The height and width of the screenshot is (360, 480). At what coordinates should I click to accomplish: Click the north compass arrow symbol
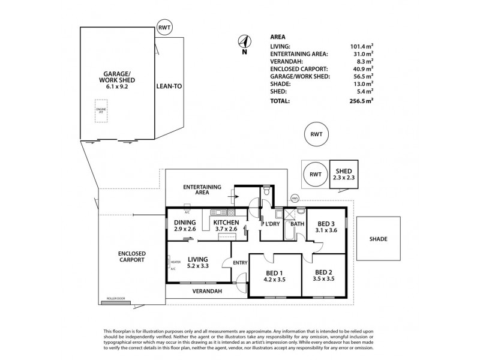click(x=244, y=41)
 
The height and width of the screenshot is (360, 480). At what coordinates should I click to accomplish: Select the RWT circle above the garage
click(x=164, y=28)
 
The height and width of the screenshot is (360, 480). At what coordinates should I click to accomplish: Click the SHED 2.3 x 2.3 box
click(x=343, y=175)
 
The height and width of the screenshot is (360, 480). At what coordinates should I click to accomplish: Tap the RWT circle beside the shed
click(x=314, y=175)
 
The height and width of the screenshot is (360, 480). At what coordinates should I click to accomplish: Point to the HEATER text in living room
click(x=176, y=262)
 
